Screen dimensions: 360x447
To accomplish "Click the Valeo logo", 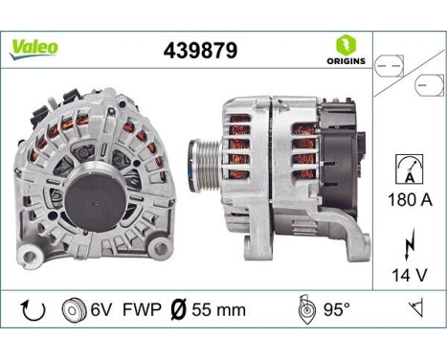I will [34, 48].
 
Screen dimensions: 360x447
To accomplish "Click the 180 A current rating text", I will [409, 202].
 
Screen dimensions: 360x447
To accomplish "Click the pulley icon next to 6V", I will [70, 310].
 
